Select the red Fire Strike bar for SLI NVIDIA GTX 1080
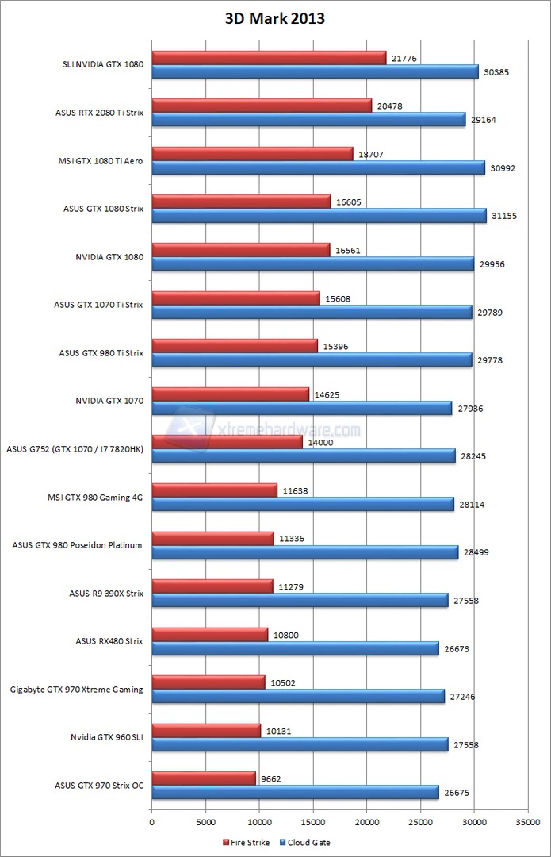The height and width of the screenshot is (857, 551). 269,58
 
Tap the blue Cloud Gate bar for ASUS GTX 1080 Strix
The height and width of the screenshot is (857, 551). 319,216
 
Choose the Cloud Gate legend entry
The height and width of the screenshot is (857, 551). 307,842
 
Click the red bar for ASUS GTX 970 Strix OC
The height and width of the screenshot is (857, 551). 204,778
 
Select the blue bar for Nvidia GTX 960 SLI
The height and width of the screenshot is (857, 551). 300,744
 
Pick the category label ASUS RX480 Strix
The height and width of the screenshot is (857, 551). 109,640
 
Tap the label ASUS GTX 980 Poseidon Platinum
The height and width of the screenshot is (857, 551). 78,545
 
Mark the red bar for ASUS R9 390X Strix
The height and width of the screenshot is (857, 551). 212,586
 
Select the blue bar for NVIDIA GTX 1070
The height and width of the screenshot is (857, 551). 301,408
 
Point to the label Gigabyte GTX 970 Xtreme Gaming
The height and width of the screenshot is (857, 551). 77,690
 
